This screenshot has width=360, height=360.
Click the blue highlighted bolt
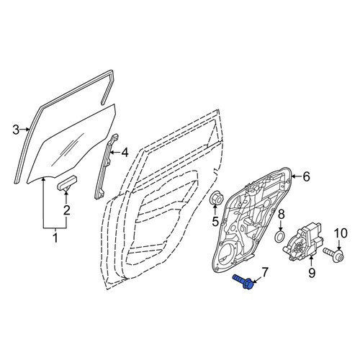[x=243, y=282]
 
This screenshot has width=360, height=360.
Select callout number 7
[x=264, y=272]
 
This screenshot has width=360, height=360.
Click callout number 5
[x=215, y=221]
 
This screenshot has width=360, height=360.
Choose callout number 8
[x=282, y=215]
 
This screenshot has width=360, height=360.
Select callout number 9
[x=312, y=272]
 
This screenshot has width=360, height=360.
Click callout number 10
[x=341, y=233]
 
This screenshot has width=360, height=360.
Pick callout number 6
[x=307, y=177]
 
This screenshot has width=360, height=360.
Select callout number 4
[x=125, y=153]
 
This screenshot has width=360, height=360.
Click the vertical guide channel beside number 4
[x=105, y=166]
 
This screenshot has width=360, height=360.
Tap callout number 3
[x=16, y=130]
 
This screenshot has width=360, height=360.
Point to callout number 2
[x=66, y=210]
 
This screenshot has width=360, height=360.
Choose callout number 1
[x=55, y=238]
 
